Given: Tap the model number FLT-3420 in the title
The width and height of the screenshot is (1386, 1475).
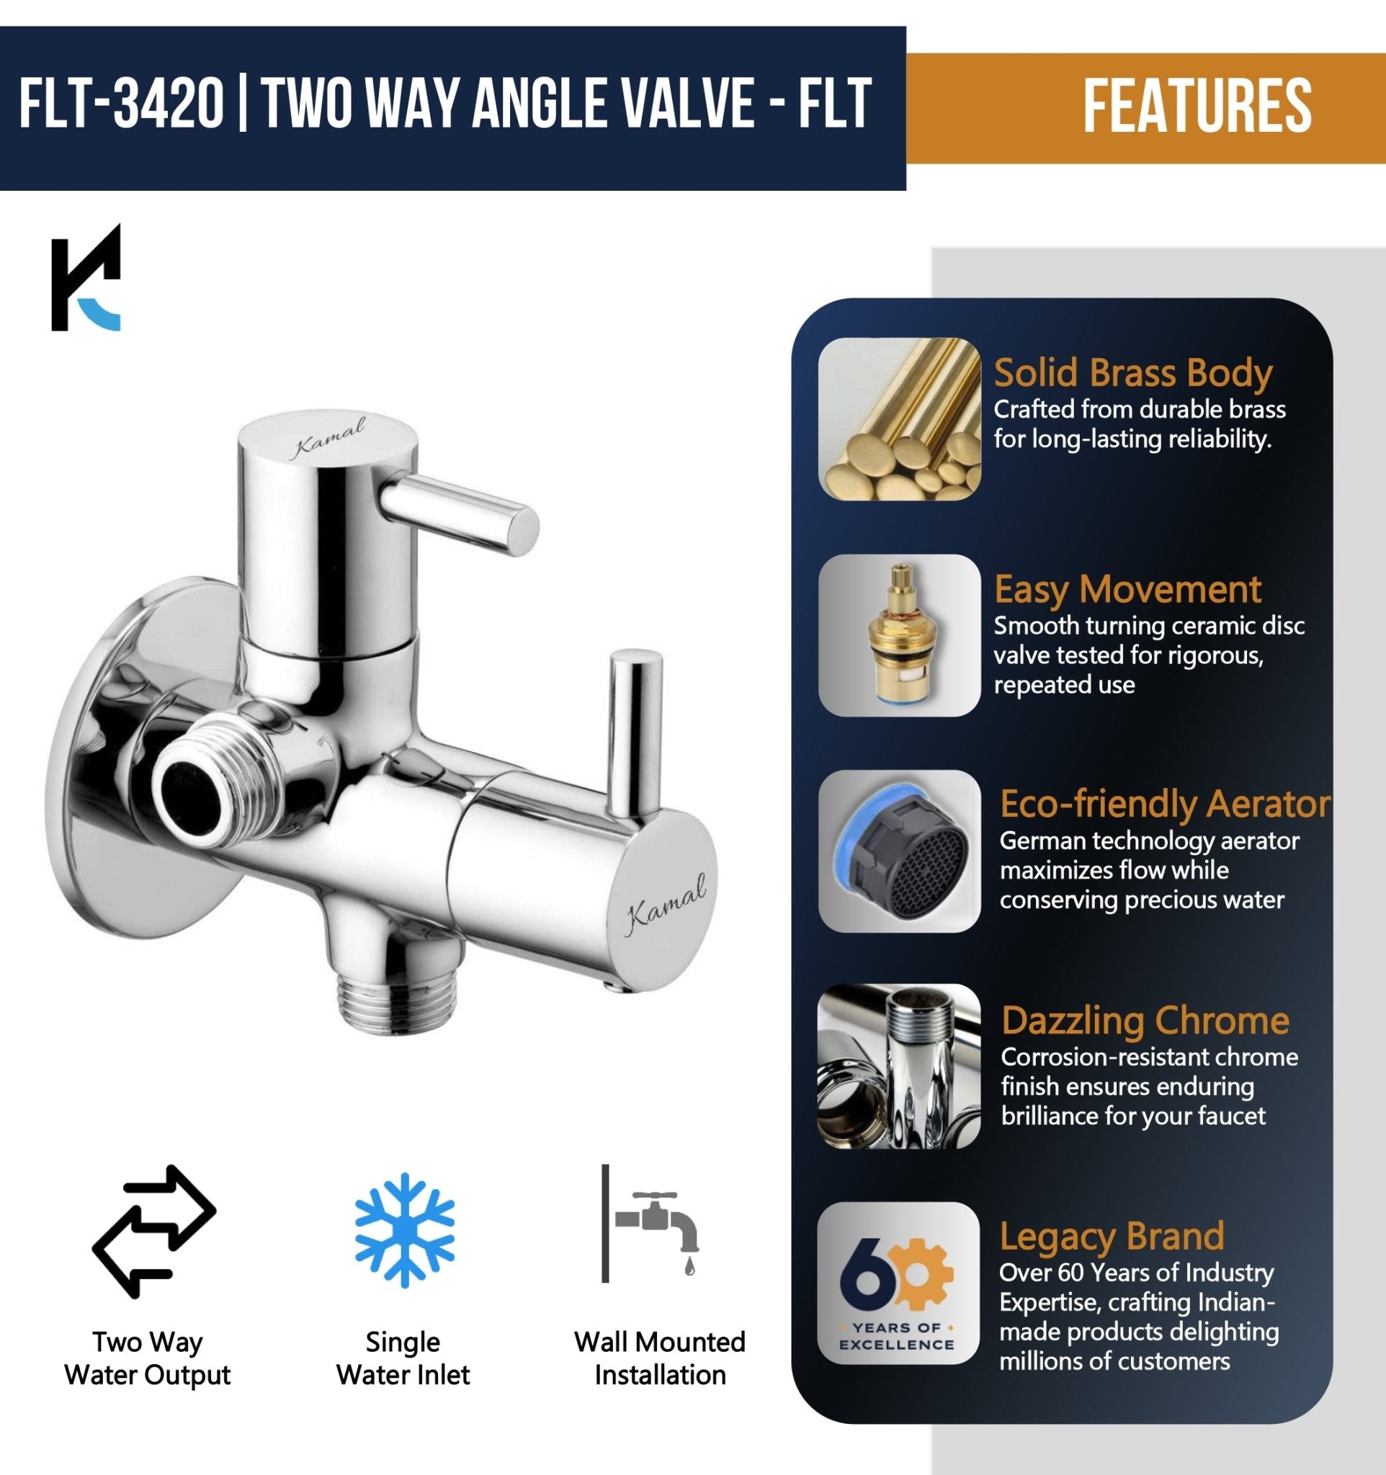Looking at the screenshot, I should pos(121,105).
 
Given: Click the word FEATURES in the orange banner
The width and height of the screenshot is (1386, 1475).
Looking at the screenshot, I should pos(1197,107).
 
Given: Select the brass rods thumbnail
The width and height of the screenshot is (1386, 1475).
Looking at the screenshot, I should pos(899,418).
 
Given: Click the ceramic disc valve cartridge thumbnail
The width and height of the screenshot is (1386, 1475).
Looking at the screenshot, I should pos(899,635).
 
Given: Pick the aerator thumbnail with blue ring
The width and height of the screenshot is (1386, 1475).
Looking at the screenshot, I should pos(899,851).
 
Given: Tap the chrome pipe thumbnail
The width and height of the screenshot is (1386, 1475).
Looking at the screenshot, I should pos(899,1066).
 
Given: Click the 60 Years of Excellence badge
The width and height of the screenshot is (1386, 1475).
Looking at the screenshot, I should pos(898,1283).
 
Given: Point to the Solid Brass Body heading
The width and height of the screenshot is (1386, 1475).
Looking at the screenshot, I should pos(1132,373).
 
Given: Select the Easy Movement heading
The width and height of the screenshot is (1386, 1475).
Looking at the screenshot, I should pos(1127,590).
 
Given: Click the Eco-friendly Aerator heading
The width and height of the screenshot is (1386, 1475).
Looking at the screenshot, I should pos(1165,804).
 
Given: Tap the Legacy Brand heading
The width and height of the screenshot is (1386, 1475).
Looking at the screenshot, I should pos(1112,1237).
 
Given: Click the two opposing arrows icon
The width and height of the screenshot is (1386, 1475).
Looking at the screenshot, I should pos(153,1232).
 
